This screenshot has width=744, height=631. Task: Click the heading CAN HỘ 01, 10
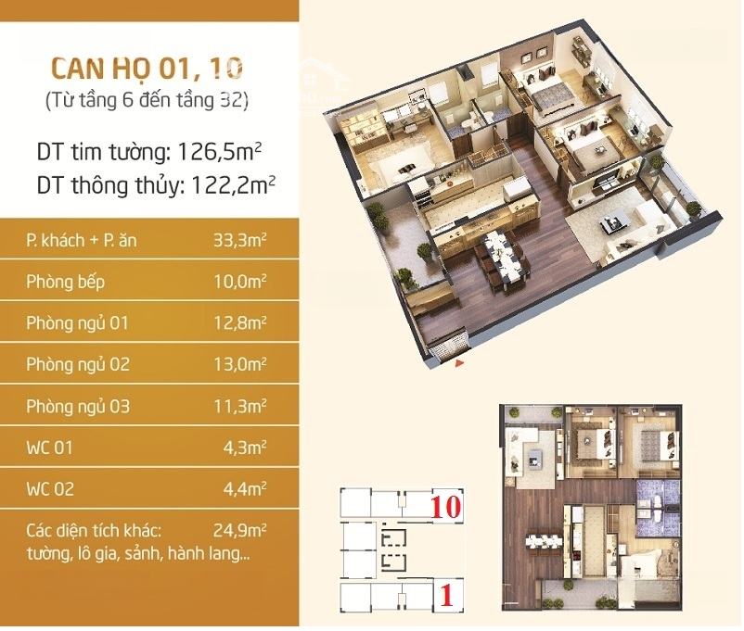click(148, 69)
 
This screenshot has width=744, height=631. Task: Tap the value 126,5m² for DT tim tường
click(219, 152)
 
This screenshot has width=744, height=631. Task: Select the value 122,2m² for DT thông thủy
click(233, 185)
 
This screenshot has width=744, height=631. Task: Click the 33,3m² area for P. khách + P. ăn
click(239, 240)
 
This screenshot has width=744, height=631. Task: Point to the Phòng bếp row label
click(66, 282)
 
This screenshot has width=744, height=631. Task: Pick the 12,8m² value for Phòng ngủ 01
click(239, 323)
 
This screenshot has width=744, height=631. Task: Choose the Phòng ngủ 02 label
click(78, 364)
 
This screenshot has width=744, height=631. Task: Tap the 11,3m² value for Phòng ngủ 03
click(239, 406)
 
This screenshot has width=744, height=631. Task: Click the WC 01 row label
click(50, 448)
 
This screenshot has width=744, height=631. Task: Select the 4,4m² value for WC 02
click(244, 489)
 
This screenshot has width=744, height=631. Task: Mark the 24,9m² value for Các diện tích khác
click(239, 531)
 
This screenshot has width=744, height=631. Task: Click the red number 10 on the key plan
click(446, 506)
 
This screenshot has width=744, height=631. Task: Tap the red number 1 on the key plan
click(447, 596)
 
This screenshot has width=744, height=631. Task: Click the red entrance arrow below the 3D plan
click(459, 363)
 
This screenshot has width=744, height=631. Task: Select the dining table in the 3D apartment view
click(504, 259)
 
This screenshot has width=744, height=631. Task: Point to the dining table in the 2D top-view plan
click(545, 543)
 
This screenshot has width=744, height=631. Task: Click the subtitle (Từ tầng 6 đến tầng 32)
click(148, 100)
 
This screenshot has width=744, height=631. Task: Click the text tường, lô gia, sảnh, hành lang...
click(138, 554)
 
